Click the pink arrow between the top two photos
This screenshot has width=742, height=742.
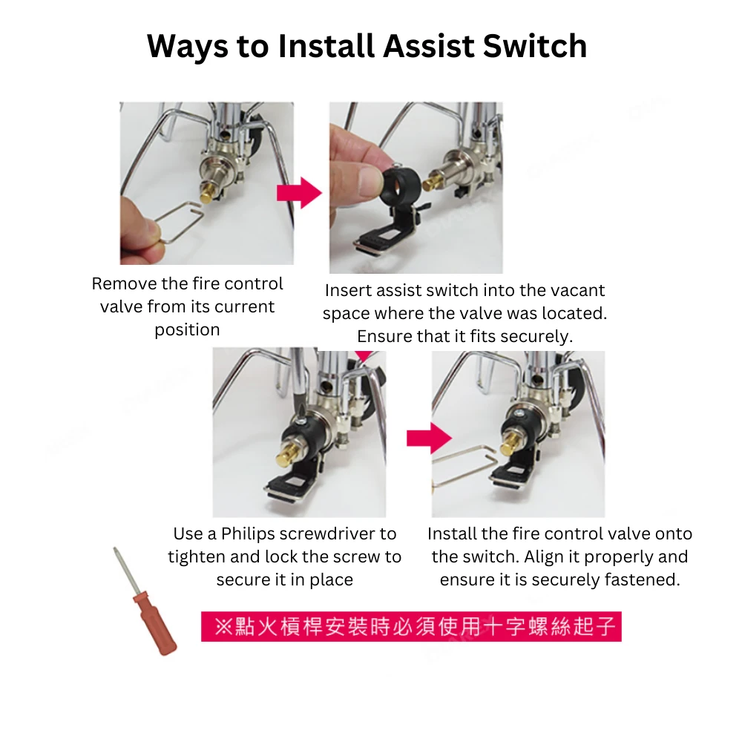(x=298, y=193)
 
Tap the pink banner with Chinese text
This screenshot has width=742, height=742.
(x=411, y=627)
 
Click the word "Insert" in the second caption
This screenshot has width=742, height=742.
(x=348, y=291)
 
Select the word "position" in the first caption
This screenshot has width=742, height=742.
(x=187, y=330)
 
